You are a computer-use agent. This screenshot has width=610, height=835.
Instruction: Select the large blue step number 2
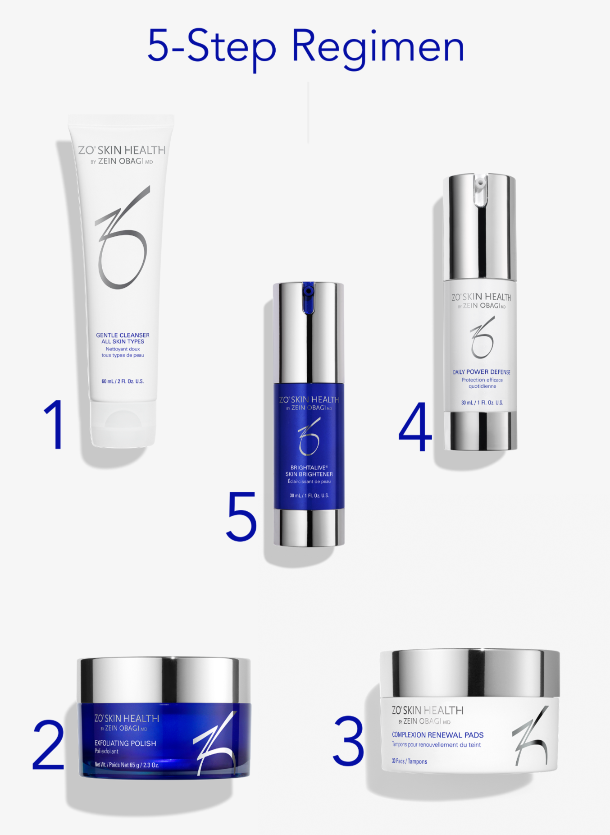click(48, 744)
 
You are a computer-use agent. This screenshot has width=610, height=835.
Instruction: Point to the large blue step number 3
click(348, 741)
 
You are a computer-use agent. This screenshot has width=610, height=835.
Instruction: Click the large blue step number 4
click(415, 426)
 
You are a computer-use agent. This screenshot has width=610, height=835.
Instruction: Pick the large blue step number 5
click(241, 516)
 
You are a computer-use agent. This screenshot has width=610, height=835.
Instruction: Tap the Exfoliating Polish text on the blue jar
click(125, 743)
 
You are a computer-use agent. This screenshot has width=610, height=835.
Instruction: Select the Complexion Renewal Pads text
click(437, 735)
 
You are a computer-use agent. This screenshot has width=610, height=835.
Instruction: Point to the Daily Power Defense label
click(482, 372)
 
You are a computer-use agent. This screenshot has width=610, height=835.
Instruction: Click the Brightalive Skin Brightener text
click(309, 471)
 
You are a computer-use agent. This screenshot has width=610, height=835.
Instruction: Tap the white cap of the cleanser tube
click(123, 424)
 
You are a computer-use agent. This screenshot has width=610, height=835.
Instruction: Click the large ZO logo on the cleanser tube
click(122, 237)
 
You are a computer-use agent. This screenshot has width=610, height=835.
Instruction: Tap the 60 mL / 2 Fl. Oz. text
click(123, 381)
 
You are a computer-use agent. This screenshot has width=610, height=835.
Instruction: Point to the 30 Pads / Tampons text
click(410, 762)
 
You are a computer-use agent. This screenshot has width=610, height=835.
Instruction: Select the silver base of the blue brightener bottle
click(309, 528)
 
